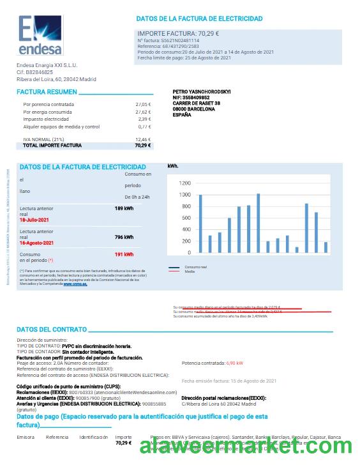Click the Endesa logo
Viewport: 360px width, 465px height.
click(x=39, y=37)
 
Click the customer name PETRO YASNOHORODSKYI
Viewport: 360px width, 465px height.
click(x=202, y=92)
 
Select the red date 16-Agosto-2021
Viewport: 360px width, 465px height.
click(x=37, y=243)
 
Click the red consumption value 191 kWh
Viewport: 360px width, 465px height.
click(x=124, y=254)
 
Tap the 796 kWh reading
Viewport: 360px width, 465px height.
click(x=124, y=237)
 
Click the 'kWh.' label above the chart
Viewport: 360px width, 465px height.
click(x=173, y=166)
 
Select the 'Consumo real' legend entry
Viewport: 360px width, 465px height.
click(x=195, y=266)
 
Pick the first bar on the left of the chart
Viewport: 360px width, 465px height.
click(x=200, y=224)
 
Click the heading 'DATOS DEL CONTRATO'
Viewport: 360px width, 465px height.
click(x=52, y=330)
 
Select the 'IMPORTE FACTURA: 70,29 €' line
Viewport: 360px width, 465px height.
click(x=179, y=33)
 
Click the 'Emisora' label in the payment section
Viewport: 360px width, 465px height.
click(x=26, y=437)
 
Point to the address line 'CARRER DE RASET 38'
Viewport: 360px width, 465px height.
click(x=197, y=103)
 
